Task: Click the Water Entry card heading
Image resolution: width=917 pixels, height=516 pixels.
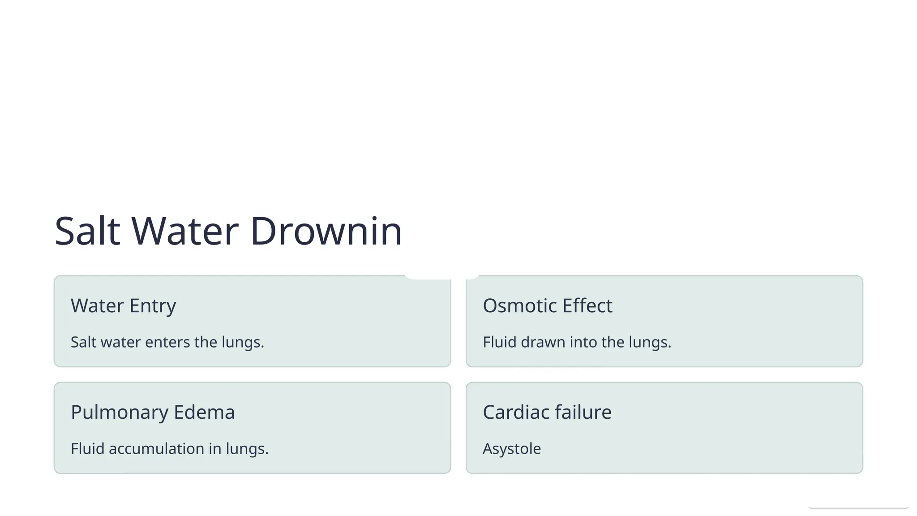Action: [123, 306]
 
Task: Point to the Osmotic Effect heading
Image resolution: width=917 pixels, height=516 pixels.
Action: [547, 306]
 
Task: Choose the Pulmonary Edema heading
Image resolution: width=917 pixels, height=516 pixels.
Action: [153, 413]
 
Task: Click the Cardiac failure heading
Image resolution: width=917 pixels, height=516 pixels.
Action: [547, 413]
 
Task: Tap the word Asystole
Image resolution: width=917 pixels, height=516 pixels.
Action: [512, 449]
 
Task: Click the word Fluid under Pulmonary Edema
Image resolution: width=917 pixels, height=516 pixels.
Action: [87, 449]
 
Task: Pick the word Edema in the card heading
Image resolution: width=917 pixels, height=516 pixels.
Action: [204, 413]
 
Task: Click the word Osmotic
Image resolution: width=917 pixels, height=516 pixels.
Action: [520, 306]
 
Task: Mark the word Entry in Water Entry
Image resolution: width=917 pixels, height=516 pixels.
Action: [153, 306]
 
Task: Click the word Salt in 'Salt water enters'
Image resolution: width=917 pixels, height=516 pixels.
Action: [83, 342]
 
